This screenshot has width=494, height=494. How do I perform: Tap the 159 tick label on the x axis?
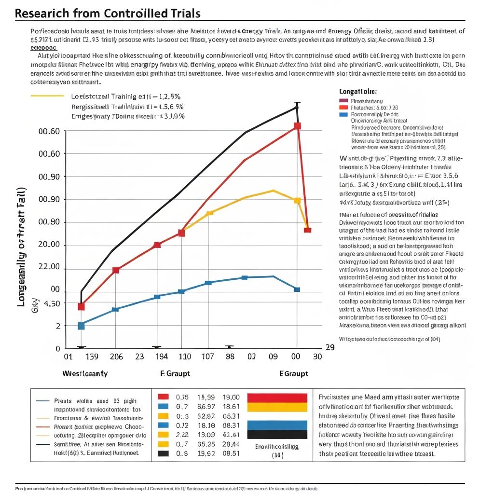91,357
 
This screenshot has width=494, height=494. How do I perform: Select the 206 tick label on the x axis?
116,357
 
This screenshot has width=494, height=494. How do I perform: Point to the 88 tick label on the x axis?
230,357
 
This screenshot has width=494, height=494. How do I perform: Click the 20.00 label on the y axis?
48,245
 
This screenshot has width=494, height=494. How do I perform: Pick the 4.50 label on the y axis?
52,303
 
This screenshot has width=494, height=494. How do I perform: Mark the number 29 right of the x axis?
330,347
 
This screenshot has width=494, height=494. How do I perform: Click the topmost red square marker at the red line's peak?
297,126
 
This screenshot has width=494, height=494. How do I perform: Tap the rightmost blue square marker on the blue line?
297,289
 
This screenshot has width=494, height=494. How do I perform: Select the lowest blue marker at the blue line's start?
81,326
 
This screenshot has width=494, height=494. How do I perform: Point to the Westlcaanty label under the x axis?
85,374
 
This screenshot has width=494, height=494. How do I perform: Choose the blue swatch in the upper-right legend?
343,115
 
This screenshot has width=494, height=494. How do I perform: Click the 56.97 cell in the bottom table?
206,406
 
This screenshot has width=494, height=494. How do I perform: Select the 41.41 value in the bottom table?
230,434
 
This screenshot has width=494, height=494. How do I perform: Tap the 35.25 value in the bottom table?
206,444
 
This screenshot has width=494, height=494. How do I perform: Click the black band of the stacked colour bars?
277,434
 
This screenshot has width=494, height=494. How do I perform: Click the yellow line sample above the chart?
47,96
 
